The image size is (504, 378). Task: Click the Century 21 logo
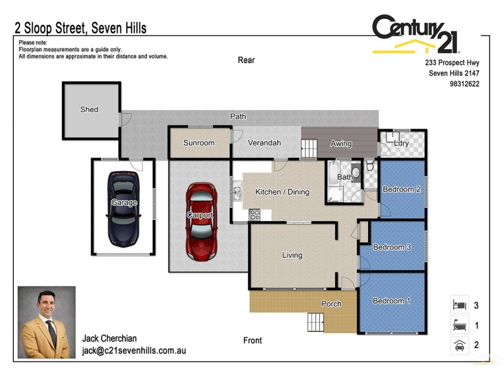click(416, 34)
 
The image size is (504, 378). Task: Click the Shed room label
click(89, 110)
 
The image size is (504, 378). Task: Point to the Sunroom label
click(198, 143)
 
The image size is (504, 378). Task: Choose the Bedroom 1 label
click(391, 301)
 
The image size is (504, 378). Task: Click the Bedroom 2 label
click(401, 190)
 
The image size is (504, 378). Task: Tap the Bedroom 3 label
click(392, 248)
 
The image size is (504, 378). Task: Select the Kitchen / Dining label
click(282, 192)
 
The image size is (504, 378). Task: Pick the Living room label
click(292, 255)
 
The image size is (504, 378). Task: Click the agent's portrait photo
click(47, 322)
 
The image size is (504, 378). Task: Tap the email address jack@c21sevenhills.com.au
click(134, 351)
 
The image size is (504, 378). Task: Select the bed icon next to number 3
click(459, 305)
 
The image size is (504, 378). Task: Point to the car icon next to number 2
click(459, 345)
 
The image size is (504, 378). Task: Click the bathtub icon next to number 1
click(459, 325)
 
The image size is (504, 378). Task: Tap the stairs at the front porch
click(316, 323)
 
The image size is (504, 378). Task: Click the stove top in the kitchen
click(255, 214)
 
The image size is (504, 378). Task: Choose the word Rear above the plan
click(246, 60)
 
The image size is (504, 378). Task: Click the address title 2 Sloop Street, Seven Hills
click(81, 28)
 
